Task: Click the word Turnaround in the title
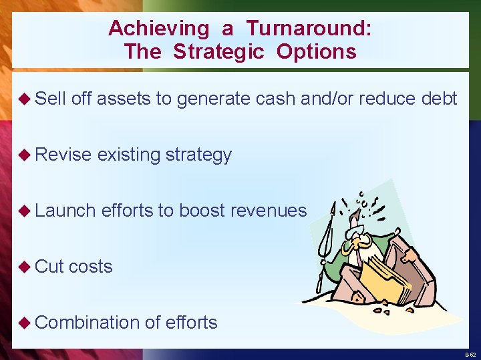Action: (x=309, y=29)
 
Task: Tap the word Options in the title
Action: (x=317, y=52)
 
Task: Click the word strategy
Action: (x=198, y=155)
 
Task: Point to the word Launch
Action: (x=65, y=211)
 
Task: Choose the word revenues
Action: (x=268, y=211)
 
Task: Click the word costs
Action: (x=91, y=267)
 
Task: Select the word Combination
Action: (x=88, y=323)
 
